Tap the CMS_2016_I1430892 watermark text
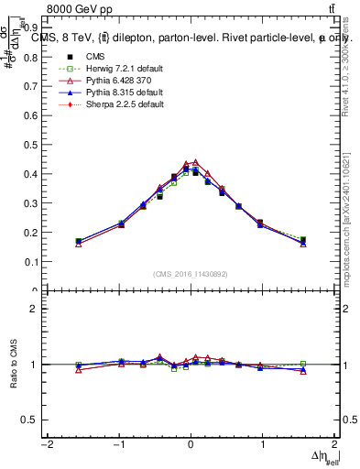190,273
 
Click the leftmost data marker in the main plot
79,242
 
